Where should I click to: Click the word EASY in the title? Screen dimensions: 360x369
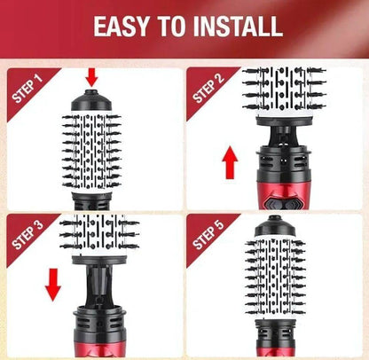pos(127,26)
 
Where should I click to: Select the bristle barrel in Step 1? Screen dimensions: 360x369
pos(90,151)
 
